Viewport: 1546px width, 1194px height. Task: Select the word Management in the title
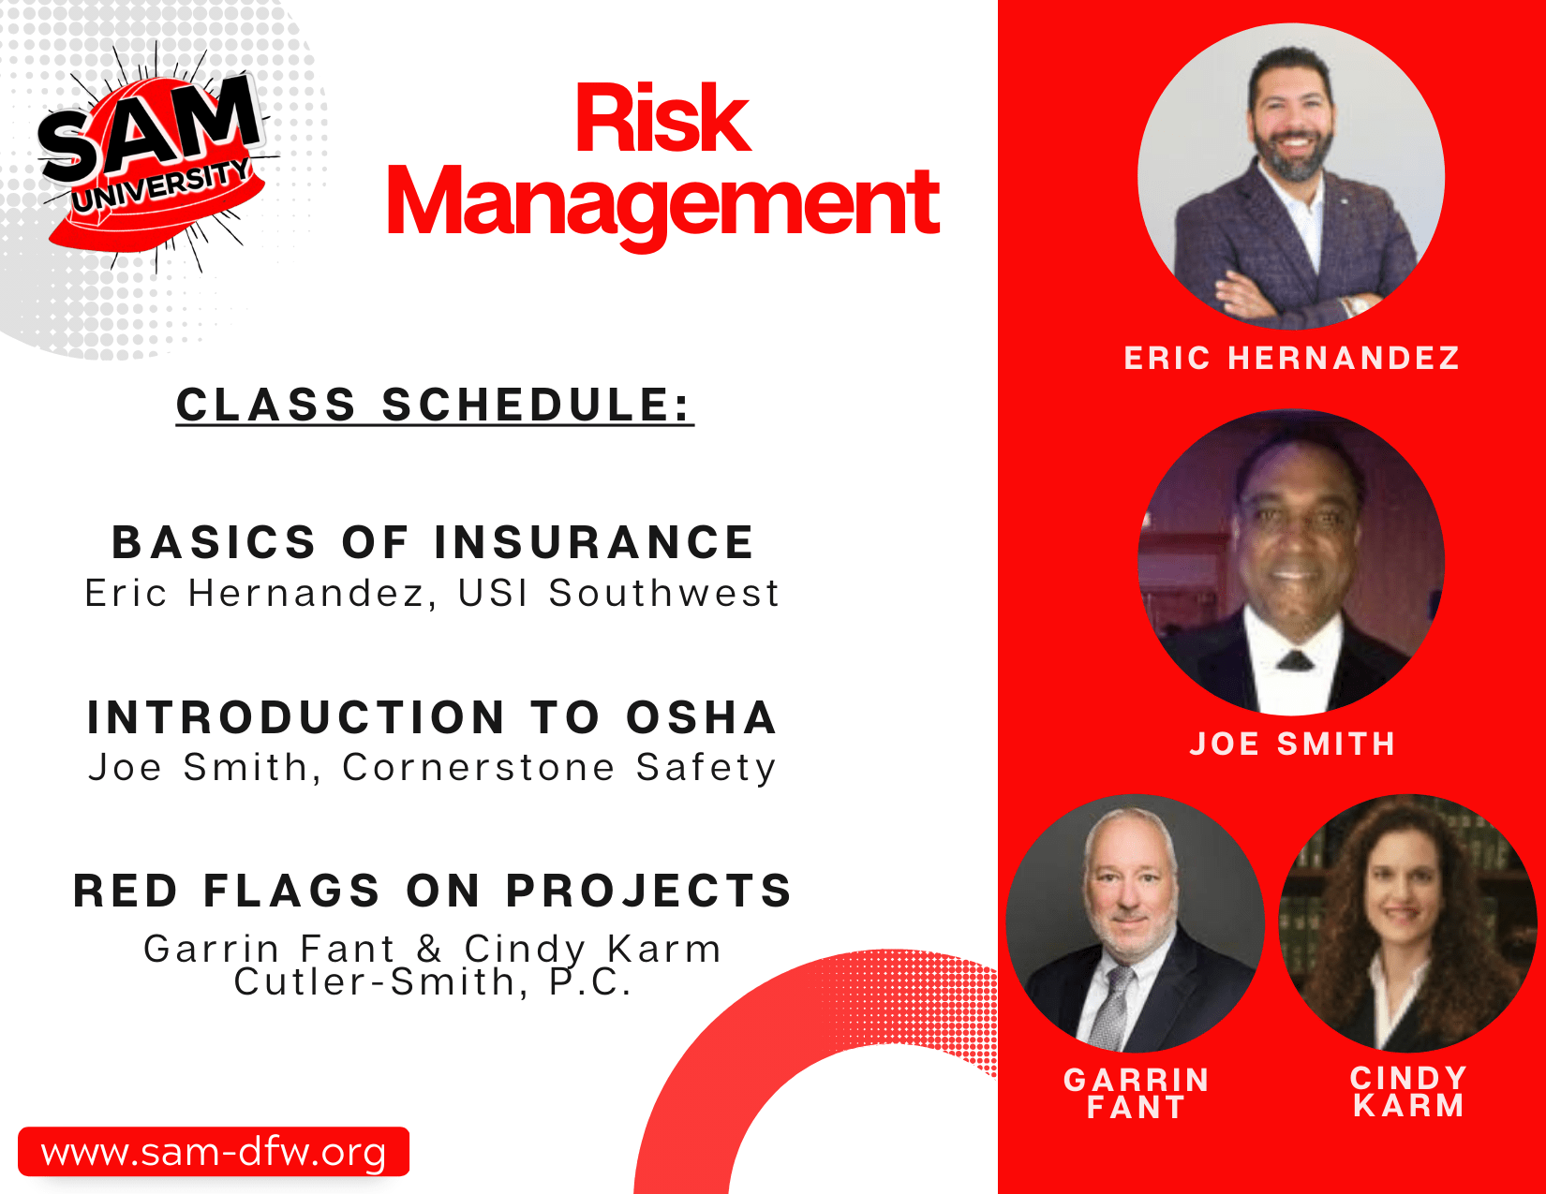663,203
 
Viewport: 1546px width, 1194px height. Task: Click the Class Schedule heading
435,405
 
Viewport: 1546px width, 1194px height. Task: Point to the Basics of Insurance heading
433,542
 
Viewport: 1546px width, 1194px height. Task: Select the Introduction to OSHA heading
432,716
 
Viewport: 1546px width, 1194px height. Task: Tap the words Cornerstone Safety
559,767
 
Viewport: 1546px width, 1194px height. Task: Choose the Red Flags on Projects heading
433,892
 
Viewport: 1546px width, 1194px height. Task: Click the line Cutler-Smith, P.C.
433,982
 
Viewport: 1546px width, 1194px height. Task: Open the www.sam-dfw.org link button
214,1151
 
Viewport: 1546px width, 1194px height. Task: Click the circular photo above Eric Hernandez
1290,176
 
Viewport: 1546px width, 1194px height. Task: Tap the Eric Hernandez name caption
1291,358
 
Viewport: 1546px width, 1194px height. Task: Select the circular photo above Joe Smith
1290,563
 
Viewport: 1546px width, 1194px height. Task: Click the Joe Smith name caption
1292,744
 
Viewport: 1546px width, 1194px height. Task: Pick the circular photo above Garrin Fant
1136,923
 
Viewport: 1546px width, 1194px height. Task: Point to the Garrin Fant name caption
1137,1094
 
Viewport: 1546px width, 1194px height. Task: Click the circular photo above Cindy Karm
1407,923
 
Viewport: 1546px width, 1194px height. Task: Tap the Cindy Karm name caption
1408,1092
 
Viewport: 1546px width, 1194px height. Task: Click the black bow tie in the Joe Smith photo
1295,662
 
